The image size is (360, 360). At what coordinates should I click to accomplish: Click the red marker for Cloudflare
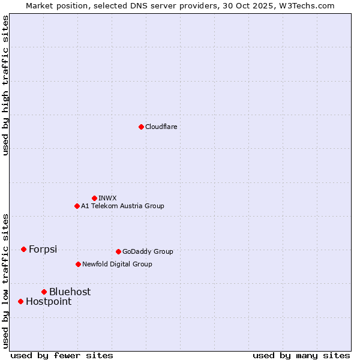click(x=141, y=127)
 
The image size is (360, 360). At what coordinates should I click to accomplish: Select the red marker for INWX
click(x=94, y=198)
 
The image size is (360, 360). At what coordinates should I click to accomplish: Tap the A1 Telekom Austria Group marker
click(x=77, y=206)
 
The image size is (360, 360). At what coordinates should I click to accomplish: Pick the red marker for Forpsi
click(x=23, y=249)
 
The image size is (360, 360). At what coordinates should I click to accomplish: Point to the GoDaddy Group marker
click(x=118, y=251)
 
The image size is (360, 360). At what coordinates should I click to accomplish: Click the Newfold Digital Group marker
click(x=78, y=264)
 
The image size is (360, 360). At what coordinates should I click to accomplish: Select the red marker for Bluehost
click(x=44, y=292)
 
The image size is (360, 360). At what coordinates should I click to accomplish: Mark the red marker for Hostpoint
click(x=20, y=301)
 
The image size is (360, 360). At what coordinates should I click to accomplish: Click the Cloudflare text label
click(x=161, y=127)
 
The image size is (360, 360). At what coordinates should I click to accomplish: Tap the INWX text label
click(x=108, y=198)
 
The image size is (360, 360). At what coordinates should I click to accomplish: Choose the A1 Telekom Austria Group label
click(x=122, y=206)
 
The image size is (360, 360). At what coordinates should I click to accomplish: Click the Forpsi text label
click(x=43, y=249)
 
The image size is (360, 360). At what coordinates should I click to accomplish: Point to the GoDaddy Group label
click(x=148, y=251)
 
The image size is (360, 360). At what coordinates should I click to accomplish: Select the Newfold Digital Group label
click(x=117, y=264)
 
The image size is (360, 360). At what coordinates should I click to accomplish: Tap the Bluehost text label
click(x=70, y=292)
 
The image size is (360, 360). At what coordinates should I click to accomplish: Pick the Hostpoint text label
click(x=49, y=301)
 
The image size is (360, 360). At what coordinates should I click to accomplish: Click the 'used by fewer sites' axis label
click(x=62, y=355)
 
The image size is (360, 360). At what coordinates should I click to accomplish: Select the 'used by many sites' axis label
click(x=301, y=355)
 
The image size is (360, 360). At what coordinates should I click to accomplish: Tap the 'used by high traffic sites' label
click(x=5, y=85)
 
